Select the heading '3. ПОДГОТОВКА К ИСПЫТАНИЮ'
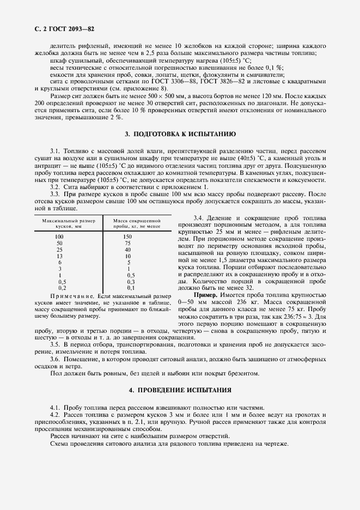point(180,133)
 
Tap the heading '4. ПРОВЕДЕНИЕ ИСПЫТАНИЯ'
point(180,391)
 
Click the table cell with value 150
point(129,236)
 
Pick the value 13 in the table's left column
point(59,256)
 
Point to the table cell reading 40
point(129,249)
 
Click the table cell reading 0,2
point(62,287)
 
